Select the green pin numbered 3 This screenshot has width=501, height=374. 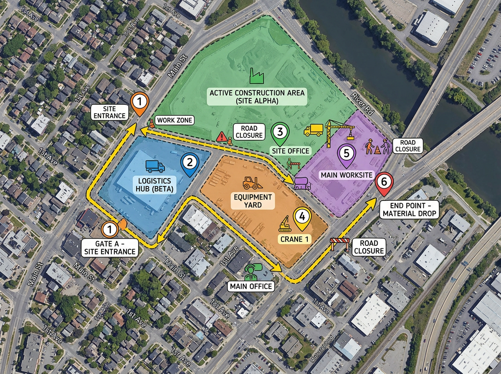tap(280, 133)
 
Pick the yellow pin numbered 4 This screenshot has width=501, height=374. tap(302, 217)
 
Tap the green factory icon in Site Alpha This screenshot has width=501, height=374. tap(255, 76)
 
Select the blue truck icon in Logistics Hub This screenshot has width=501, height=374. tap(155, 167)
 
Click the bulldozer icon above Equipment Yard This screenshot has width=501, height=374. tap(250, 183)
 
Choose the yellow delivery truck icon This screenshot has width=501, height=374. tap(313, 130)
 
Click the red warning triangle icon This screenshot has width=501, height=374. tap(222, 136)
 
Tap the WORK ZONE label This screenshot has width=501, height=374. tap(174, 121)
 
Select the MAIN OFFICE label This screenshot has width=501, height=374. tap(250, 286)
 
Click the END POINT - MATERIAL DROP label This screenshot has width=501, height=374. tap(409, 210)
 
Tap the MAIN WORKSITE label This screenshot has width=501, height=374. tap(346, 174)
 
